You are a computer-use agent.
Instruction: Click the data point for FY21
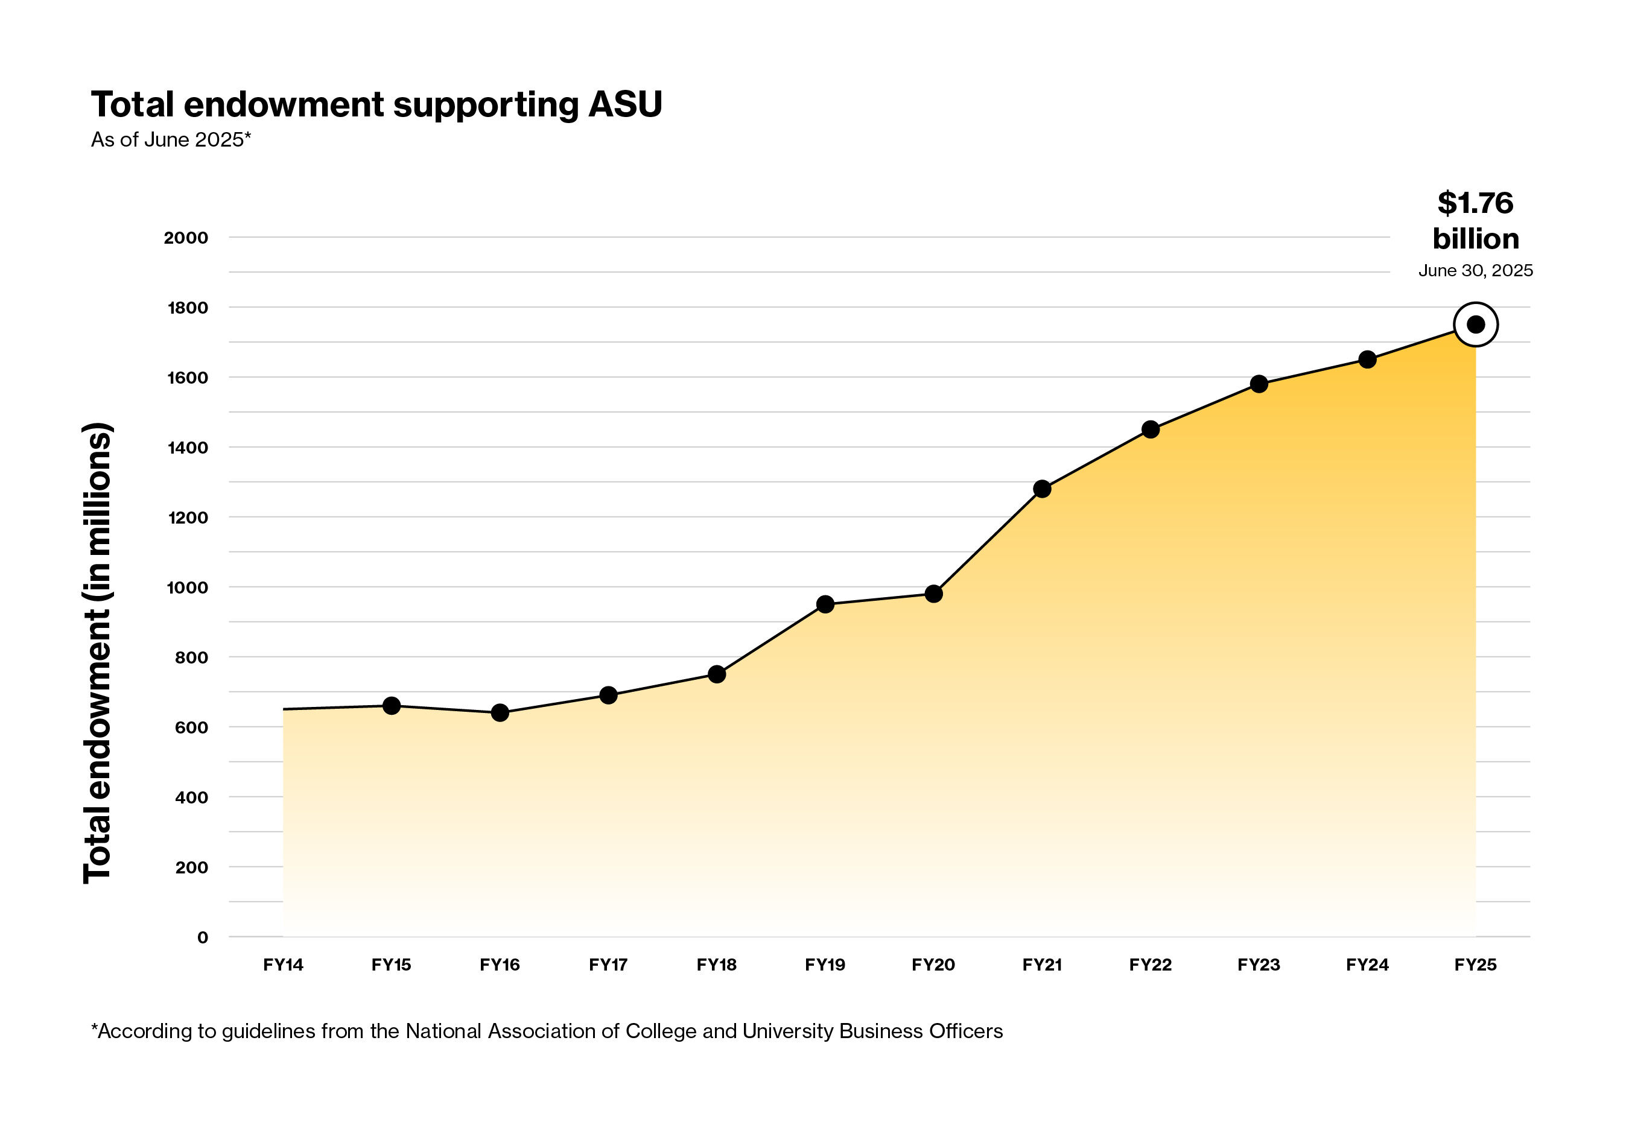[x=1041, y=489]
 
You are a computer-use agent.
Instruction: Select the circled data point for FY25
[x=1475, y=325]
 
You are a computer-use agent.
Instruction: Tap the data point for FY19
[x=824, y=604]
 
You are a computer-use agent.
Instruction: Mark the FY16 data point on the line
[x=500, y=712]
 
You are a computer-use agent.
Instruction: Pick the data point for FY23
[x=1259, y=384]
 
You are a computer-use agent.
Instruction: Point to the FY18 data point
[x=717, y=674]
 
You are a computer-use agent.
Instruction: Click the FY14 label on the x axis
[x=283, y=965]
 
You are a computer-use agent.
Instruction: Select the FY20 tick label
[x=933, y=965]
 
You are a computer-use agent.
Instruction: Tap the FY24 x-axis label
[x=1367, y=965]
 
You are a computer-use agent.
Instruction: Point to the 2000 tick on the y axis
[x=186, y=238]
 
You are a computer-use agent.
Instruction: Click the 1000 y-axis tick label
[x=187, y=588]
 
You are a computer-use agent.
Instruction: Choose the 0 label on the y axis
[x=203, y=937]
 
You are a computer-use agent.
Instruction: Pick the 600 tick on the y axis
[x=191, y=728]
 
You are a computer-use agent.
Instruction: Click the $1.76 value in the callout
[x=1475, y=203]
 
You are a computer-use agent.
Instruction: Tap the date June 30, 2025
[x=1475, y=271]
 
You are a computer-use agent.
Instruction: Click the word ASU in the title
[x=625, y=105]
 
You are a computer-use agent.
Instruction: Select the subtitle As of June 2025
[x=171, y=139]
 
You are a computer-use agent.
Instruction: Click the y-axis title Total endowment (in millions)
[x=98, y=652]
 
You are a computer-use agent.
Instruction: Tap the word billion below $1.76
[x=1475, y=239]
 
